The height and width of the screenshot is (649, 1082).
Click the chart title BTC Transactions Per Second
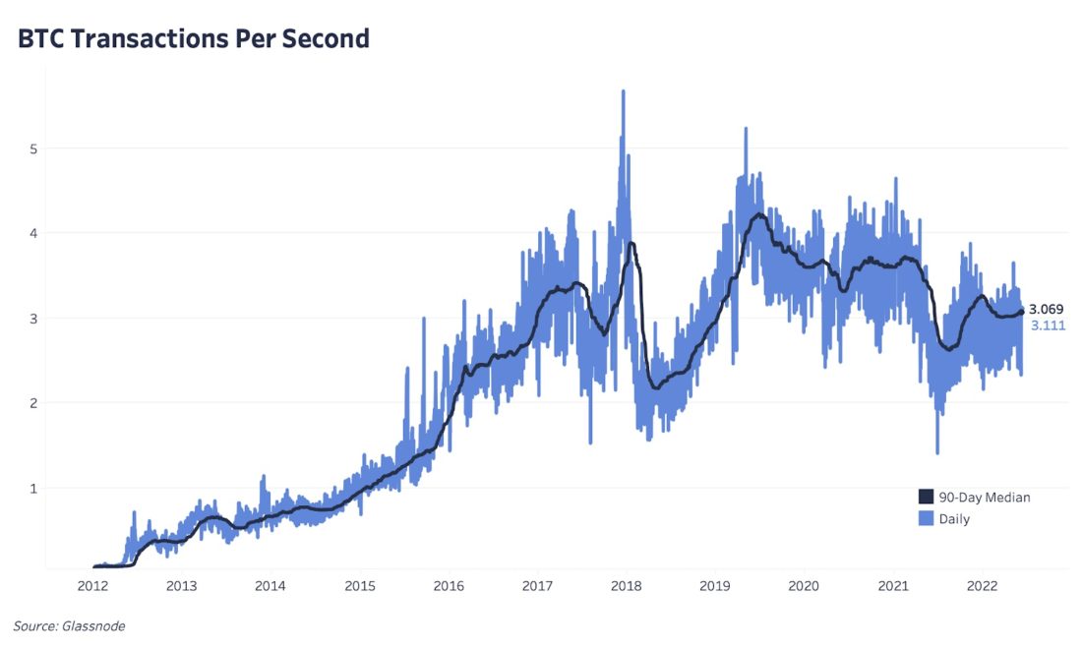(x=194, y=38)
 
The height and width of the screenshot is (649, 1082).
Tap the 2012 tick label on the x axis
(x=92, y=586)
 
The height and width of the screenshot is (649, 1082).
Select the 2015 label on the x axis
(x=360, y=586)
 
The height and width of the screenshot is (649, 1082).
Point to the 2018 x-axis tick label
(x=627, y=586)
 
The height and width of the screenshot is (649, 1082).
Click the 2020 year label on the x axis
(x=805, y=586)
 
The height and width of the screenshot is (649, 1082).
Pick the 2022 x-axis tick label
(x=982, y=586)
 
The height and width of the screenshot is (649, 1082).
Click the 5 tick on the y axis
(x=32, y=148)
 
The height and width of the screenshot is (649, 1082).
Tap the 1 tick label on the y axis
(x=32, y=488)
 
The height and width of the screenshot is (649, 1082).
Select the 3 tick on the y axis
(x=32, y=319)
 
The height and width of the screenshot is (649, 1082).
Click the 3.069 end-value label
(x=1048, y=310)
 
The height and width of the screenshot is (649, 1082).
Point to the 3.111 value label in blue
(x=1048, y=325)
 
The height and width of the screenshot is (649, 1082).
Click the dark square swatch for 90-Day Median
(x=926, y=497)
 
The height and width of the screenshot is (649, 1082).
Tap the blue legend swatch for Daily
(x=926, y=518)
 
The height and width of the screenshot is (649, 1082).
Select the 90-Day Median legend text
(x=985, y=497)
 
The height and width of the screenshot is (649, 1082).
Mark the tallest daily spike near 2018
(x=623, y=91)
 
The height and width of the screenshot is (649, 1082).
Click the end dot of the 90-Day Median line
(x=1022, y=313)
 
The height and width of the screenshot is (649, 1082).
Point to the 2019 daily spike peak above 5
(x=746, y=129)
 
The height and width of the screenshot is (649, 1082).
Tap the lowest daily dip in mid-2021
(x=937, y=452)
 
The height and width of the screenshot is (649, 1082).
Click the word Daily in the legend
(x=954, y=518)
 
